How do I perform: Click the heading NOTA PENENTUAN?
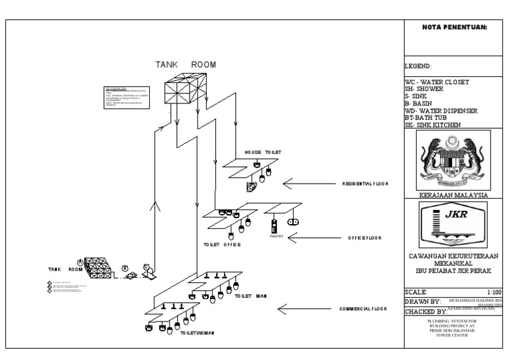[x=454, y=27]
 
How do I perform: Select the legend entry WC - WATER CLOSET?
[x=437, y=82]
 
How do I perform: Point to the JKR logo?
[x=454, y=223]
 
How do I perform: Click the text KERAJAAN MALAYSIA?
[x=454, y=196]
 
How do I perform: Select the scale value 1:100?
[x=494, y=292]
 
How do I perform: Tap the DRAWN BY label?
[x=422, y=302]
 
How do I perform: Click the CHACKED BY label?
[x=425, y=312]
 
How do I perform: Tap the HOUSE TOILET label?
[x=262, y=152]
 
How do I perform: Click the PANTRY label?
[x=276, y=236]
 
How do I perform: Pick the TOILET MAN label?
[x=251, y=296]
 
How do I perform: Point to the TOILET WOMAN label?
[x=197, y=333]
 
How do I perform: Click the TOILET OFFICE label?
[x=221, y=245]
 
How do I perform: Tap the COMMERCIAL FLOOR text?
[x=363, y=309]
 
